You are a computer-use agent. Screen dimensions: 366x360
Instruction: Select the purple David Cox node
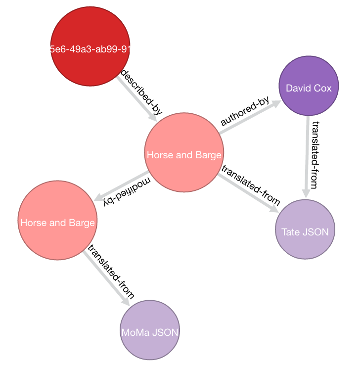pos(308,87)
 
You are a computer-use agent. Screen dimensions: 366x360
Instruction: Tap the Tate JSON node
pos(305,229)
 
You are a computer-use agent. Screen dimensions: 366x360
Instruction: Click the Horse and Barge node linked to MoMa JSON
pos(57,221)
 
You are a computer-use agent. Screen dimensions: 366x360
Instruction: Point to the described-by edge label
pos(141,92)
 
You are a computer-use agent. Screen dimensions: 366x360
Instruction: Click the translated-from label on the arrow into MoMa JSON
pos(110,272)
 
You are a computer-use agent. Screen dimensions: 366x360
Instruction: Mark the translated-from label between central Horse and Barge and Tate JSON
pos(251,185)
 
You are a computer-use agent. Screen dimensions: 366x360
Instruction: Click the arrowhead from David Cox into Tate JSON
pos(306,194)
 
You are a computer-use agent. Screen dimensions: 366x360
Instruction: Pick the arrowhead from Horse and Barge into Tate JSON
pos(273,209)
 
